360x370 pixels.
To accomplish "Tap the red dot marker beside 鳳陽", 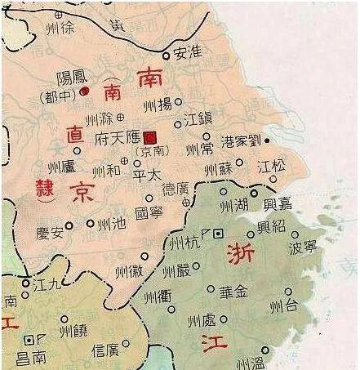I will point(85,91).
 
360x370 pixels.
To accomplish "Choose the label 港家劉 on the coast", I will point(241,141).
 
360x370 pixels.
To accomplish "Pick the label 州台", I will point(285,306).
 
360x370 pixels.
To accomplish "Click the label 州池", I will point(109,223).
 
